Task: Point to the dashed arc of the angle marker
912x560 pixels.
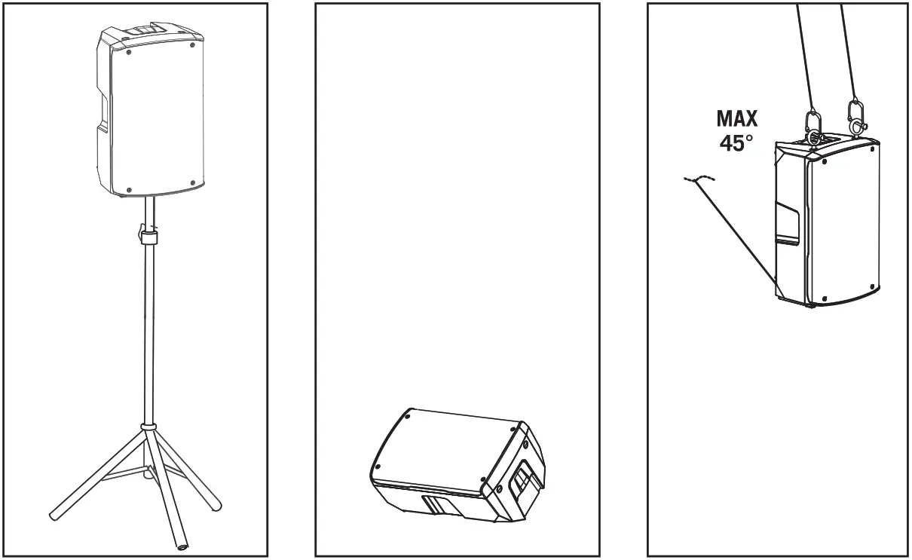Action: click(699, 179)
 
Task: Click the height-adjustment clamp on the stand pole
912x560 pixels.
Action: click(147, 234)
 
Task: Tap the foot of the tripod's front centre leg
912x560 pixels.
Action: click(182, 546)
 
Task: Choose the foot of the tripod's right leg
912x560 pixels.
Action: click(217, 502)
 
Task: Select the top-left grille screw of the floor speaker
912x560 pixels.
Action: click(408, 416)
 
